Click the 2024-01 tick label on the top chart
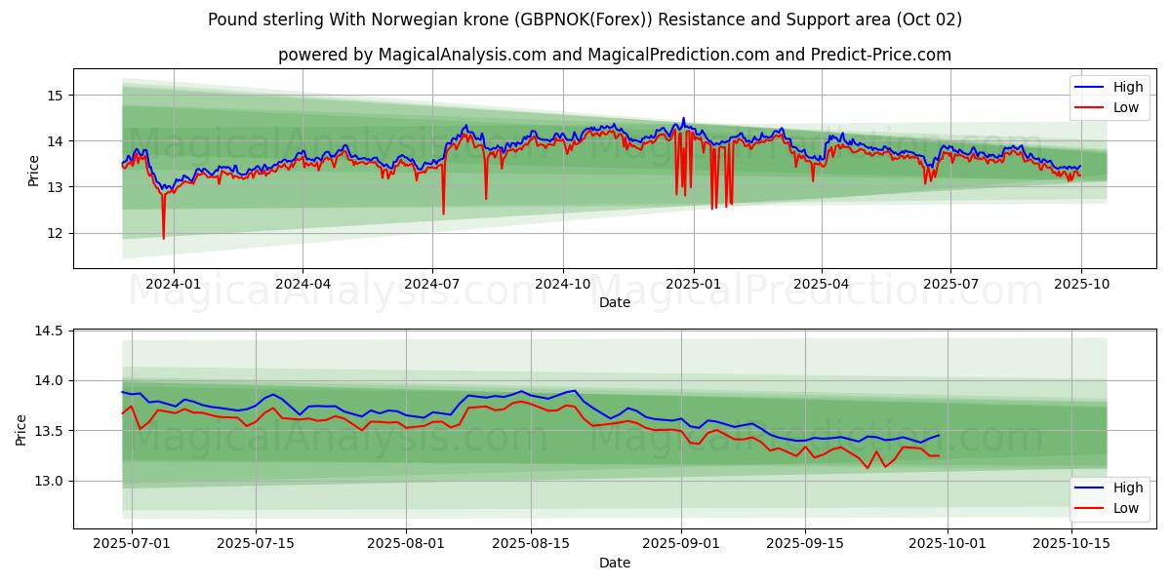tap(174, 284)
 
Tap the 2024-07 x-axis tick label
tap(432, 284)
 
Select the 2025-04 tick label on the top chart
tap(822, 284)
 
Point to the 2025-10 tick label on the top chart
tap(1080, 284)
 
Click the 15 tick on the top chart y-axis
tap(54, 96)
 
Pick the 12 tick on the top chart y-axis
tap(54, 233)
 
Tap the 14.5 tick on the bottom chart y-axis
tap(48, 331)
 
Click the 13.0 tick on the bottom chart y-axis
tap(48, 481)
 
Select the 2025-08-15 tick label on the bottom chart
tap(531, 544)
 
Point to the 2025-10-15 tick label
tap(1070, 544)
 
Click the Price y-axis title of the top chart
tap(34, 171)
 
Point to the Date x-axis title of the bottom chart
tap(615, 563)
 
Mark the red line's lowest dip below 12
tap(163, 238)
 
